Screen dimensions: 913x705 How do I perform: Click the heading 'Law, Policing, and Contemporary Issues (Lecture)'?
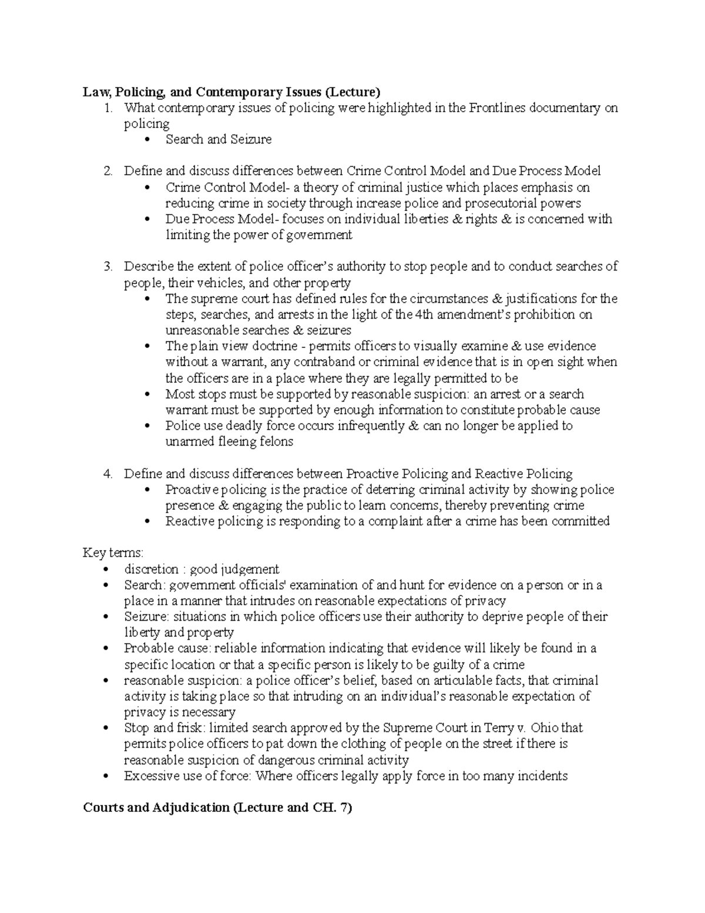click(231, 92)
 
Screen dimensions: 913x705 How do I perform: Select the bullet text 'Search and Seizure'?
click(219, 139)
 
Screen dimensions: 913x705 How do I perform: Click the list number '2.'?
click(108, 171)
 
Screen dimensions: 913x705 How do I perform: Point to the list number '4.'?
click(108, 474)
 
